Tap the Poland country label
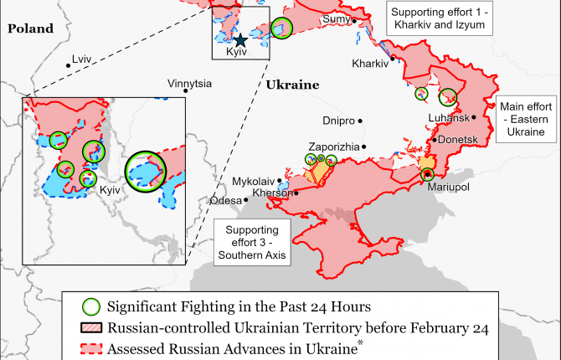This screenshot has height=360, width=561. [30, 28]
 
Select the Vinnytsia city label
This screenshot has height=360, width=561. [189, 84]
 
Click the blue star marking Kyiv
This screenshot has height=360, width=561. [240, 39]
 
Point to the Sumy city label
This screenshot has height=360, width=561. [336, 19]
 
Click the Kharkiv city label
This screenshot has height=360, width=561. [369, 64]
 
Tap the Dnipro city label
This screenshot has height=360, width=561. [339, 121]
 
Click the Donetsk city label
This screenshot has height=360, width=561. [457, 139]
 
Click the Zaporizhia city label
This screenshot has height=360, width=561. [334, 147]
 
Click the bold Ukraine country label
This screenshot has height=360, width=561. [293, 85]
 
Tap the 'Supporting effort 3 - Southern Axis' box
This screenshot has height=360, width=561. [252, 241]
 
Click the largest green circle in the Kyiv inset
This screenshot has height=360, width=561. [147, 171]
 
